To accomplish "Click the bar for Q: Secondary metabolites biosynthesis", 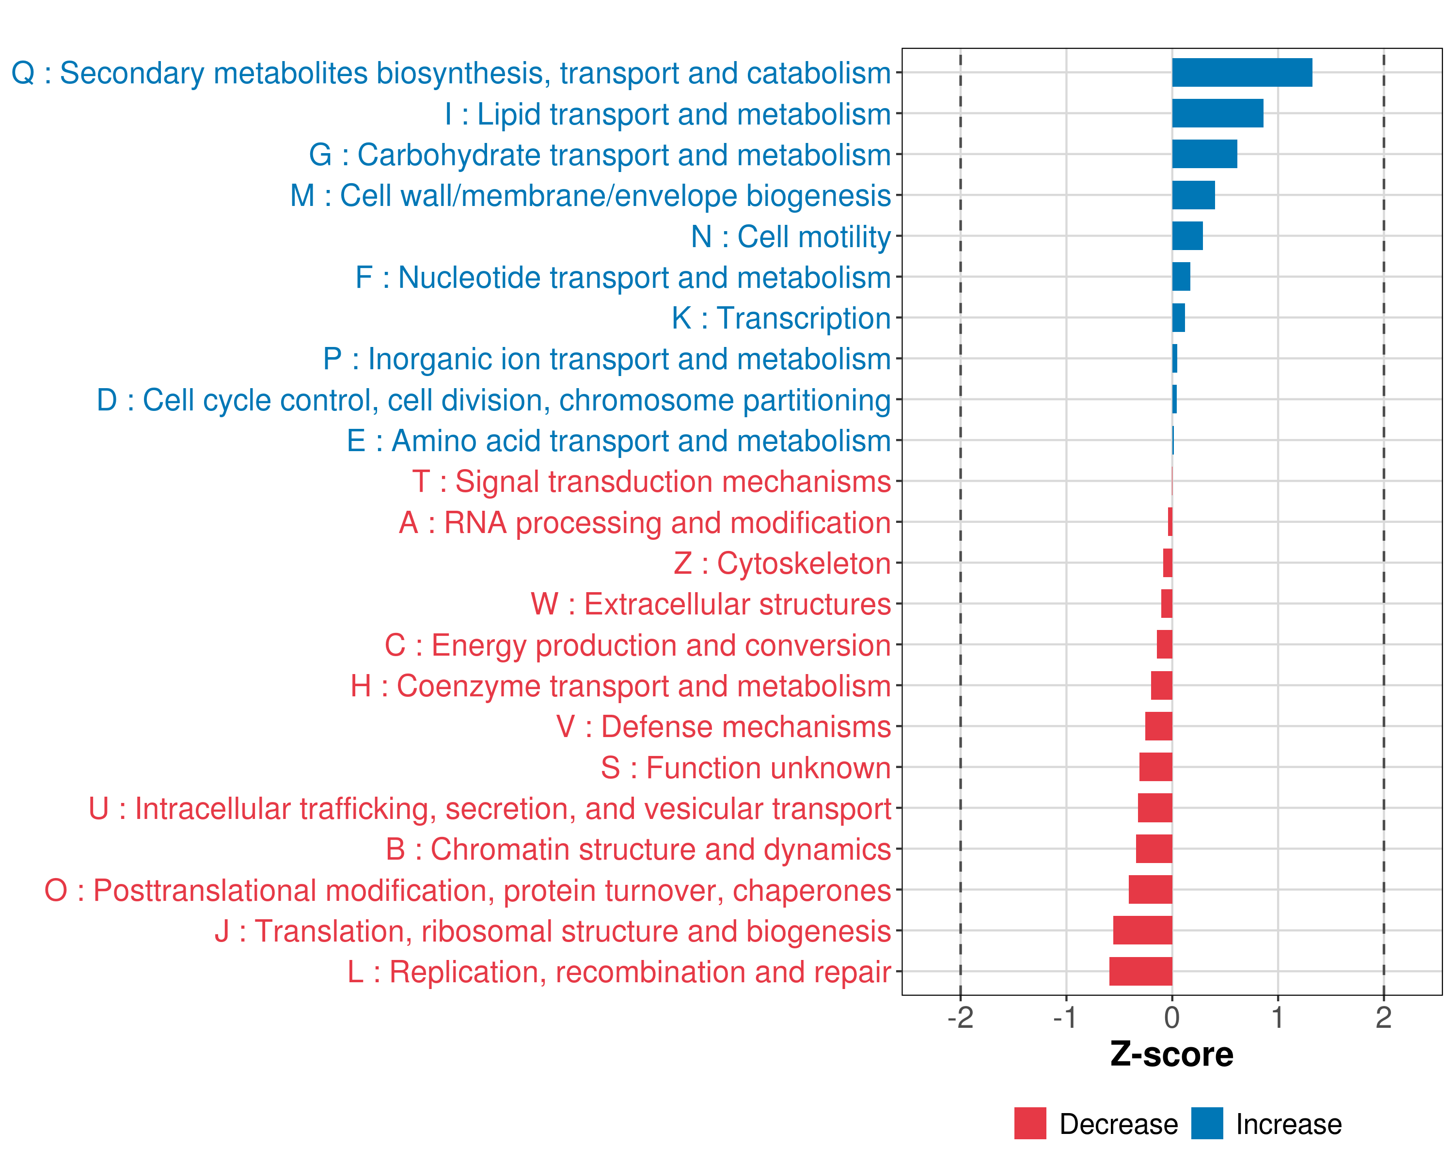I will point(1242,73).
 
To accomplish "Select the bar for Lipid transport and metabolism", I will point(1217,113).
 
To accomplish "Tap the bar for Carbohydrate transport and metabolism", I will point(1204,155).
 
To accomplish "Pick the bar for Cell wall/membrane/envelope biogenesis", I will point(1193,195).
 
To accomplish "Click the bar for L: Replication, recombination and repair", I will point(1140,972).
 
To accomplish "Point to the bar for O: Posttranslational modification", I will point(1151,890).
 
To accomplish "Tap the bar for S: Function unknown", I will point(1155,767).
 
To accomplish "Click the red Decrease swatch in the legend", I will point(1030,1123).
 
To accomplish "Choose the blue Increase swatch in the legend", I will point(1206,1123).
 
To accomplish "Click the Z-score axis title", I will point(1171,1054).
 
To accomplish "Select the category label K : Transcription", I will point(781,318).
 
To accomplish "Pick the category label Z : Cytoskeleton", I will point(782,564).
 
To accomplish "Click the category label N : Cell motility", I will point(791,236).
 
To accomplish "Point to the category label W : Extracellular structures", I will point(711,604).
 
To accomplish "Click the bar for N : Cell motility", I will point(1187,236).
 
